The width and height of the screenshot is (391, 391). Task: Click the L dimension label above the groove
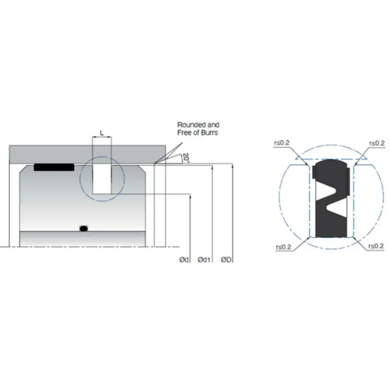point(101,132)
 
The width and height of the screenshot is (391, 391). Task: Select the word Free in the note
point(184,132)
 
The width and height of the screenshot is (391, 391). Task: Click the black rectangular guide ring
point(54,167)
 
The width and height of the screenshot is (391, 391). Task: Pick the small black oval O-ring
point(84,228)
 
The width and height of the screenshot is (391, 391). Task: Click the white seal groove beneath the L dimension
point(102,178)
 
